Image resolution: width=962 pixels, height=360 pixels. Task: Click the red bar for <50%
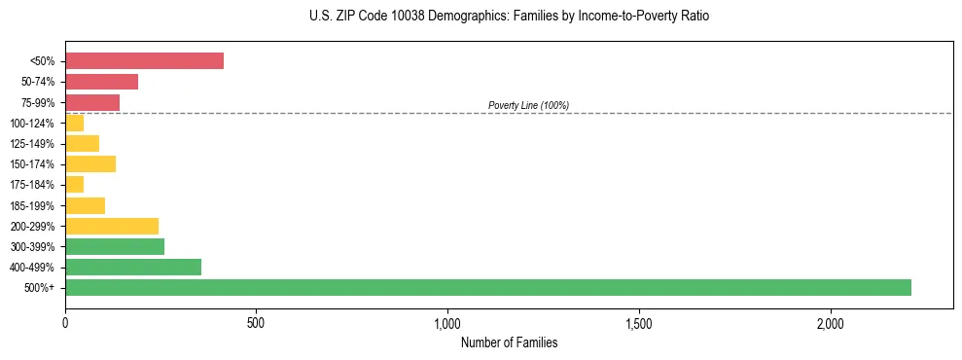pyautogui.click(x=144, y=61)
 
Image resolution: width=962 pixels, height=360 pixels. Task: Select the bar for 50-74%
pyautogui.click(x=101, y=82)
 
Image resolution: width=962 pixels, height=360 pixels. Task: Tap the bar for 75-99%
pyautogui.click(x=92, y=102)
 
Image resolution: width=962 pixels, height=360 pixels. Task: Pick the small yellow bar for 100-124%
pyautogui.click(x=74, y=123)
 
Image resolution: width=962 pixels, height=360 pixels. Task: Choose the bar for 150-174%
pyautogui.click(x=90, y=163)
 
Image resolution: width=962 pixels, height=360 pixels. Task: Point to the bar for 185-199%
pyautogui.click(x=85, y=205)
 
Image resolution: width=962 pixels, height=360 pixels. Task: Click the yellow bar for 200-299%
pyautogui.click(x=112, y=226)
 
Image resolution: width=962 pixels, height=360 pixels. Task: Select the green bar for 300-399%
pyautogui.click(x=115, y=246)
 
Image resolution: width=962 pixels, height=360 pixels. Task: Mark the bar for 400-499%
pyautogui.click(x=133, y=267)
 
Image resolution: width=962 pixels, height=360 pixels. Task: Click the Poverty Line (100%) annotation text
pyautogui.click(x=528, y=105)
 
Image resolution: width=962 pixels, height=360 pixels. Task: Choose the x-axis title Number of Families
pyautogui.click(x=509, y=342)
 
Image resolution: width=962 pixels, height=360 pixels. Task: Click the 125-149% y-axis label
pyautogui.click(x=33, y=144)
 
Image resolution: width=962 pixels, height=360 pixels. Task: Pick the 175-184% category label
pyautogui.click(x=33, y=185)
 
